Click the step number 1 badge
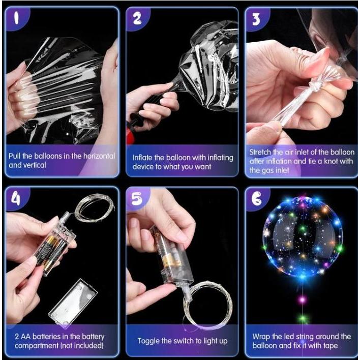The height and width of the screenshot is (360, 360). (x=17, y=18)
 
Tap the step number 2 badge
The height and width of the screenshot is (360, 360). (x=137, y=18)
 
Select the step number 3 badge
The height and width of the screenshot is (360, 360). (x=256, y=19)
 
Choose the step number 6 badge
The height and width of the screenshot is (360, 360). (x=256, y=199)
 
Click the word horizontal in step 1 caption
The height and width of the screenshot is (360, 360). (x=99, y=156)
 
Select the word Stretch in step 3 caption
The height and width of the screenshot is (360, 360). (x=260, y=152)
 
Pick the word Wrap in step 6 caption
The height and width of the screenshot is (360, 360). (x=261, y=337)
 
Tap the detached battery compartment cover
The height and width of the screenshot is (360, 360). (x=73, y=301)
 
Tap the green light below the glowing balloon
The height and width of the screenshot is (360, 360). (x=303, y=319)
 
